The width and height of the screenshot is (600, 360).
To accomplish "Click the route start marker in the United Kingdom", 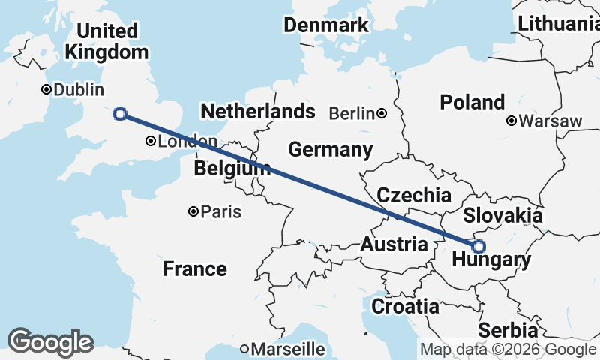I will tap(119, 114).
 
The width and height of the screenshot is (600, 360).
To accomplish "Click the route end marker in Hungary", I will tap(478, 246).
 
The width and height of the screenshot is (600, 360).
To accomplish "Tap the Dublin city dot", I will tap(46, 89).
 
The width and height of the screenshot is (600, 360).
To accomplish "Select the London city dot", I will tap(151, 141).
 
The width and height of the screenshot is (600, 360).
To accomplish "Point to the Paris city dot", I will tap(193, 211).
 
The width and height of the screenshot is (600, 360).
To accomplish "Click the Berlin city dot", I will tap(382, 113).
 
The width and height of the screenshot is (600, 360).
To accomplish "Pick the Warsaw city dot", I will tap(511, 121).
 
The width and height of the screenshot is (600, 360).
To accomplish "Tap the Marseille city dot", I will tap(244, 349).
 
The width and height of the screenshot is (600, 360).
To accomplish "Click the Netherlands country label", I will tap(257, 112).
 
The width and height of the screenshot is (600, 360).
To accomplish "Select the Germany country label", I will tap(330, 150).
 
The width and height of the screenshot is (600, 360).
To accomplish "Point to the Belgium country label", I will tap(231, 169).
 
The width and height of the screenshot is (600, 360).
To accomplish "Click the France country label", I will tap(195, 268).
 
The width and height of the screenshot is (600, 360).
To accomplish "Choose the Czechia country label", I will tap(414, 196).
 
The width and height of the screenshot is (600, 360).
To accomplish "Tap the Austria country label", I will tap(394, 244).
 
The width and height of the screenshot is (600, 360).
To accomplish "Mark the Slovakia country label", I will tap(502, 216).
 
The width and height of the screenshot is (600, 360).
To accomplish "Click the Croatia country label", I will tap(405, 306).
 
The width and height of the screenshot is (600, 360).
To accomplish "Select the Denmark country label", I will tap(326, 25).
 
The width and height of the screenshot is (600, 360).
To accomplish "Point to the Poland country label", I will tap(472, 102).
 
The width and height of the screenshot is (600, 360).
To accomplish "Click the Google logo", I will tap(50, 342).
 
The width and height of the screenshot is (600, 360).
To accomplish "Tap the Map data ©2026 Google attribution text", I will tap(508, 349).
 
